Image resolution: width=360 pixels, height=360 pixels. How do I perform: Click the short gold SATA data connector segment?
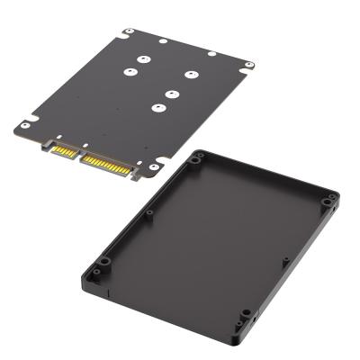63,149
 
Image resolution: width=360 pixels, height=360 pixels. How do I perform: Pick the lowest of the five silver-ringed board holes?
158,109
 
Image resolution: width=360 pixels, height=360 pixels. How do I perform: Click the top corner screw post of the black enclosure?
197,159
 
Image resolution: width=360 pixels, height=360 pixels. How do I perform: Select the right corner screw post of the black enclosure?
330,199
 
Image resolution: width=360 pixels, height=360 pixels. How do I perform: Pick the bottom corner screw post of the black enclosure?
243,315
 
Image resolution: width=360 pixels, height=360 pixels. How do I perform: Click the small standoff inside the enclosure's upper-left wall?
149,213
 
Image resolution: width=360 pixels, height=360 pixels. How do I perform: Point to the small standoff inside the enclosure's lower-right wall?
285,262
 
